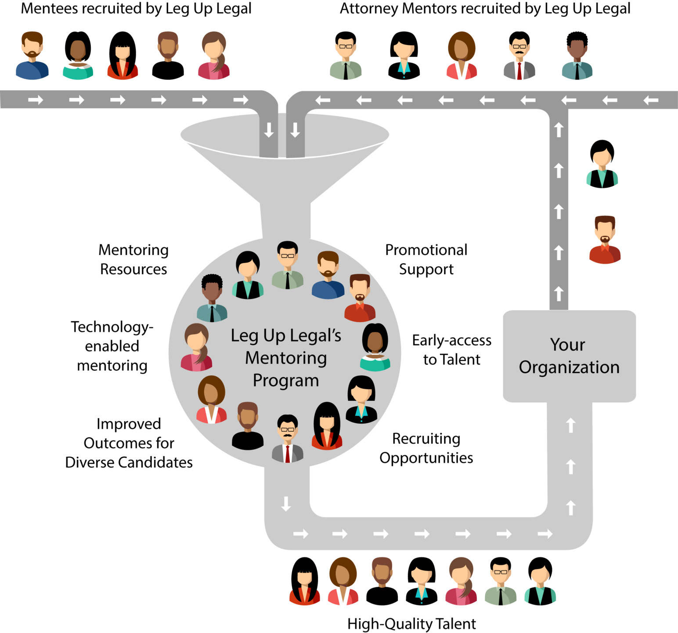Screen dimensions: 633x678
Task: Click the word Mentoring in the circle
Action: pos(286,358)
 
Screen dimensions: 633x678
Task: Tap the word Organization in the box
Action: pos(569,367)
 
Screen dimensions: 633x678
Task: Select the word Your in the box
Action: pos(567,345)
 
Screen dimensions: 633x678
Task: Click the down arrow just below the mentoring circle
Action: pos(286,504)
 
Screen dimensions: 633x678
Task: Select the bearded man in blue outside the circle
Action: pos(32,56)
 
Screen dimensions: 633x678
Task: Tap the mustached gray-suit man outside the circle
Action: pos(519,59)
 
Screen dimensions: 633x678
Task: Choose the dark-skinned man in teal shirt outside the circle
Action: pos(577,60)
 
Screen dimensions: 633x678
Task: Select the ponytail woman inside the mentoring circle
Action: pos(196,348)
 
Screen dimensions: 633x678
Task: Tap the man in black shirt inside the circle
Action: pos(248,426)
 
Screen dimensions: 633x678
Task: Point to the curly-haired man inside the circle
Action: pos(212,298)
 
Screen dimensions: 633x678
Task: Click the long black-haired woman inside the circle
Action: pos(327,426)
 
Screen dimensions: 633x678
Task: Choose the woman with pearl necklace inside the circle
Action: pos(375,347)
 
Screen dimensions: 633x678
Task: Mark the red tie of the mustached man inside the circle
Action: pos(288,454)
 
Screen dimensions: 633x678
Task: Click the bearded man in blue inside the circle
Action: pos(328,276)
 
